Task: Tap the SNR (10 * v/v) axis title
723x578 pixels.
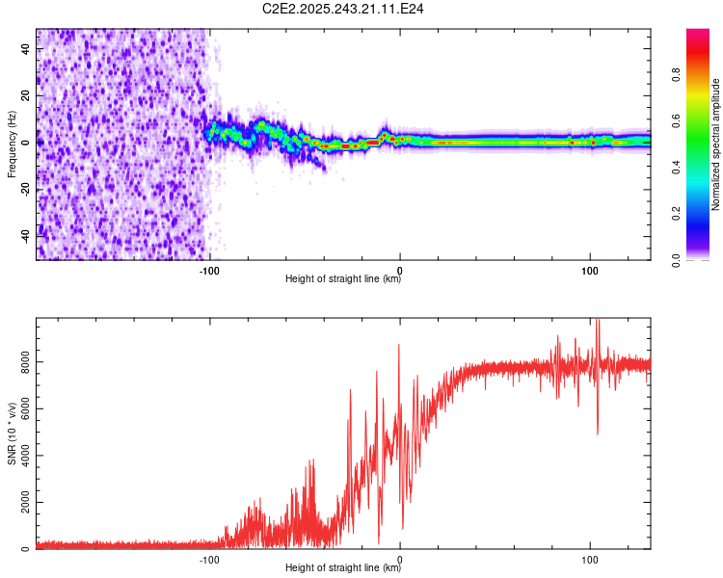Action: (x=12, y=433)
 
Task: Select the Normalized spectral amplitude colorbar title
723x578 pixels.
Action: (x=715, y=144)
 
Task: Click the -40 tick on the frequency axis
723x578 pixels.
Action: (x=25, y=234)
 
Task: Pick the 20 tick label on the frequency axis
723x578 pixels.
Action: (x=25, y=95)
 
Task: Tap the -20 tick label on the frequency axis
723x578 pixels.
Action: (x=25, y=188)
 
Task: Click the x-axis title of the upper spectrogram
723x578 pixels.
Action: (x=343, y=279)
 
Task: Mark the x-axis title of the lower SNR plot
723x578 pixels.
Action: (x=343, y=568)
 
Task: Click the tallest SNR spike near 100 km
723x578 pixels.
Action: (x=598, y=322)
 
